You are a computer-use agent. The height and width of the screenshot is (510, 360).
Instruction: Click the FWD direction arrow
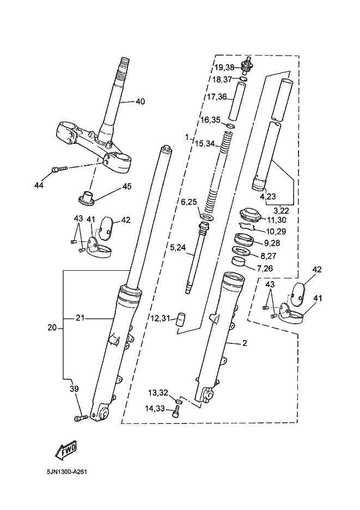(66, 451)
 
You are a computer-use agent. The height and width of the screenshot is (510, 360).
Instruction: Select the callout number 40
(140, 102)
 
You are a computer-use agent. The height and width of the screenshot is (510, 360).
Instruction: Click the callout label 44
(39, 186)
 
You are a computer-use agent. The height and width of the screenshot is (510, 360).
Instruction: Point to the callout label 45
(127, 186)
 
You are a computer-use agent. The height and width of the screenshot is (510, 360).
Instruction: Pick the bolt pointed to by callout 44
(59, 169)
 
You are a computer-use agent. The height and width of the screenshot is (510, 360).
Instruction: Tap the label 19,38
(224, 68)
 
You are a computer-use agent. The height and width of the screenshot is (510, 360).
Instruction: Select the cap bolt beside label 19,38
(247, 65)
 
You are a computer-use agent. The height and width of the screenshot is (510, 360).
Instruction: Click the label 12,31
(160, 318)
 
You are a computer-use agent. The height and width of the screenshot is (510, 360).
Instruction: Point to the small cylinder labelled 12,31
(181, 319)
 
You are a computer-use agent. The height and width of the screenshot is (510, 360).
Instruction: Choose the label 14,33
(155, 408)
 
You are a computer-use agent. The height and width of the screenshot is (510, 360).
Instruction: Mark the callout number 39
(74, 388)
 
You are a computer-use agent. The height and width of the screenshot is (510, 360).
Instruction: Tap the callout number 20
(52, 327)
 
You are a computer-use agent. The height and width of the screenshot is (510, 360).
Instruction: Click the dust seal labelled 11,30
(250, 215)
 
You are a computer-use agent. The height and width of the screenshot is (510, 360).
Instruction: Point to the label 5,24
(178, 247)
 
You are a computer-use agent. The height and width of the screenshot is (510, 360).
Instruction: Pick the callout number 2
(245, 343)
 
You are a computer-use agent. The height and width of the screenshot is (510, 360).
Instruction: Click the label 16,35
(210, 120)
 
